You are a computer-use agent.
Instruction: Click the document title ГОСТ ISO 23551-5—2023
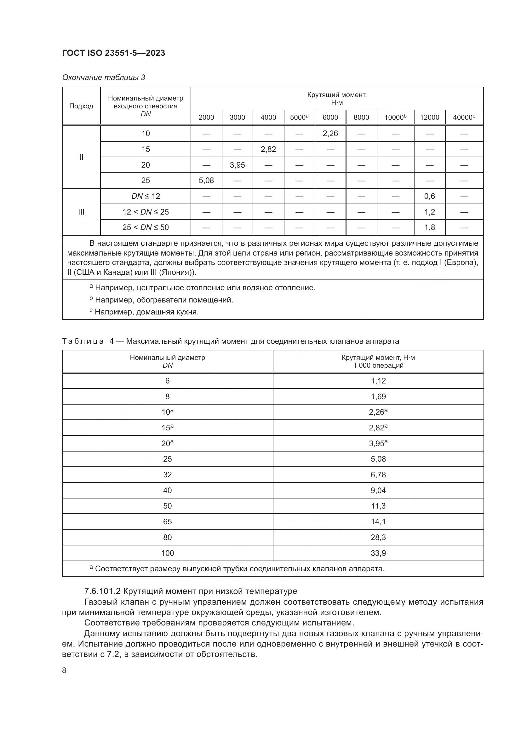(113, 53)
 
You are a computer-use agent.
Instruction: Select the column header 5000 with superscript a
(299, 118)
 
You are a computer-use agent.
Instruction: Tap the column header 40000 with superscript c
(464, 118)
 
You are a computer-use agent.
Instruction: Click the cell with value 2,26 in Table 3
(330, 134)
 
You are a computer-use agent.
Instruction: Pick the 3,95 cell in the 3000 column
(237, 165)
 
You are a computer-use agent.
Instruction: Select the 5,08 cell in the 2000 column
(206, 181)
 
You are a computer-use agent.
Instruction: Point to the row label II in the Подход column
(81, 157)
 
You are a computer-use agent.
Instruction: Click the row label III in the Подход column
(81, 212)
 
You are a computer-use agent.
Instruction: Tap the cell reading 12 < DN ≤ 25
(145, 212)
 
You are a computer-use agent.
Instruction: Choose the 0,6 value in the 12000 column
(429, 196)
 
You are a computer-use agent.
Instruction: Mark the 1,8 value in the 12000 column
(429, 227)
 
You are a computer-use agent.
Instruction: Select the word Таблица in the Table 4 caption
(83, 341)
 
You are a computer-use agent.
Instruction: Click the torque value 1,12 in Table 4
(378, 381)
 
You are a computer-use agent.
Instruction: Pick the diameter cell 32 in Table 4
(168, 475)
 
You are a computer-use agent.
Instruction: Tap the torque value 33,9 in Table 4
(378, 553)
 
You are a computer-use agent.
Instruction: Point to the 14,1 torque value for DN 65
(378, 521)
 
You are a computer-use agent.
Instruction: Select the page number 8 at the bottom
(64, 671)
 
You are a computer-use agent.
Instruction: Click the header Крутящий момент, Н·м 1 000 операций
(378, 361)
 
